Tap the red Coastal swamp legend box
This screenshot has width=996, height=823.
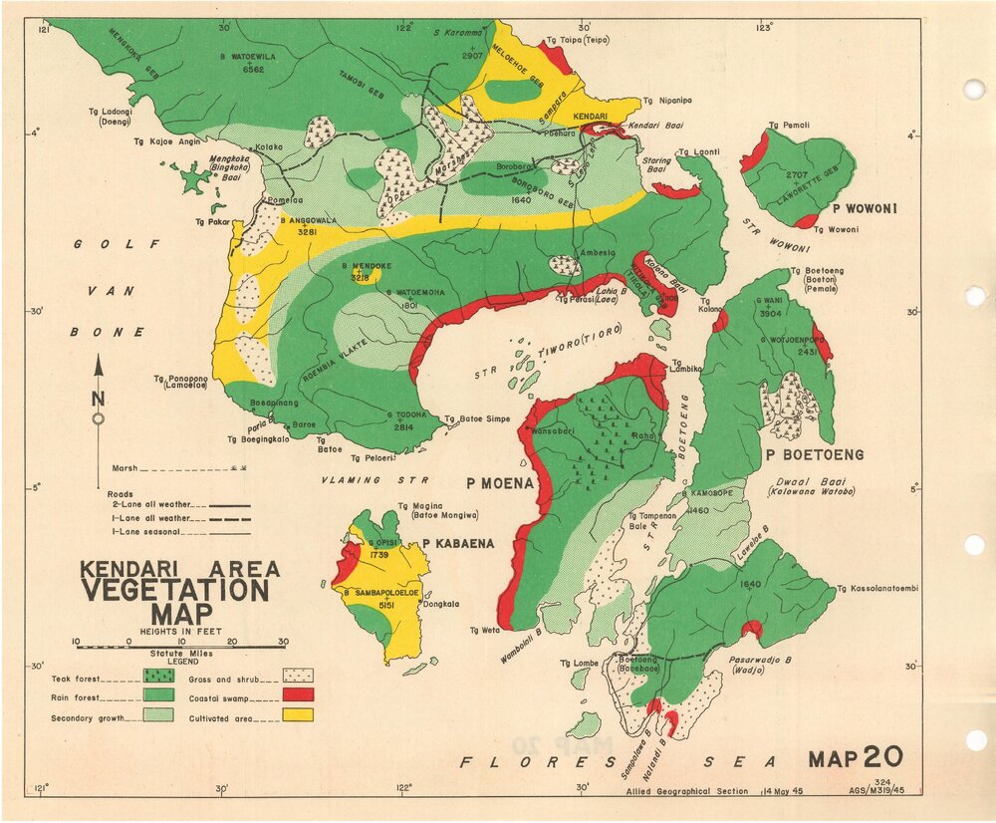point(298,694)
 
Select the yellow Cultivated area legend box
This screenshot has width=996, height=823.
point(298,714)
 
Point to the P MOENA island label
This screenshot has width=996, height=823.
point(500,484)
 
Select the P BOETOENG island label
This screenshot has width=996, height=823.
point(814,455)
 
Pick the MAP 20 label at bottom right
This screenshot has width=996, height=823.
point(856,757)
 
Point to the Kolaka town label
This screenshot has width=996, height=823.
point(269,146)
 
